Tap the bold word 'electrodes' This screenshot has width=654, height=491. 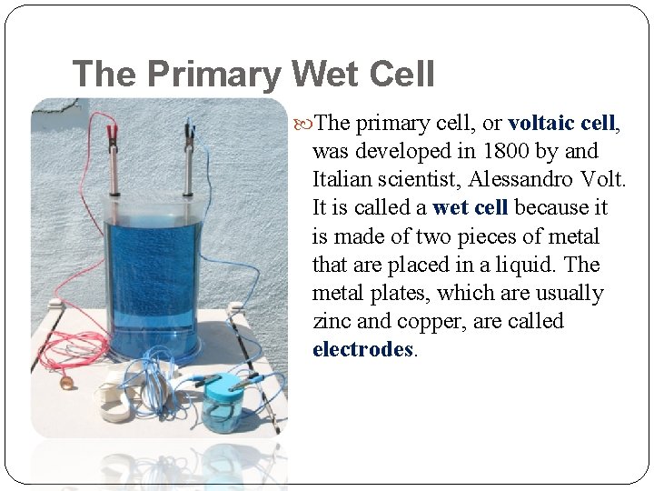click(x=362, y=349)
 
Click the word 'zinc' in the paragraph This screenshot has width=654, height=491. click(x=332, y=321)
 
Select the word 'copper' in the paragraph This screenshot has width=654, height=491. click(x=428, y=321)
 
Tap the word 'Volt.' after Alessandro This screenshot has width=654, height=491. click(x=600, y=179)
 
